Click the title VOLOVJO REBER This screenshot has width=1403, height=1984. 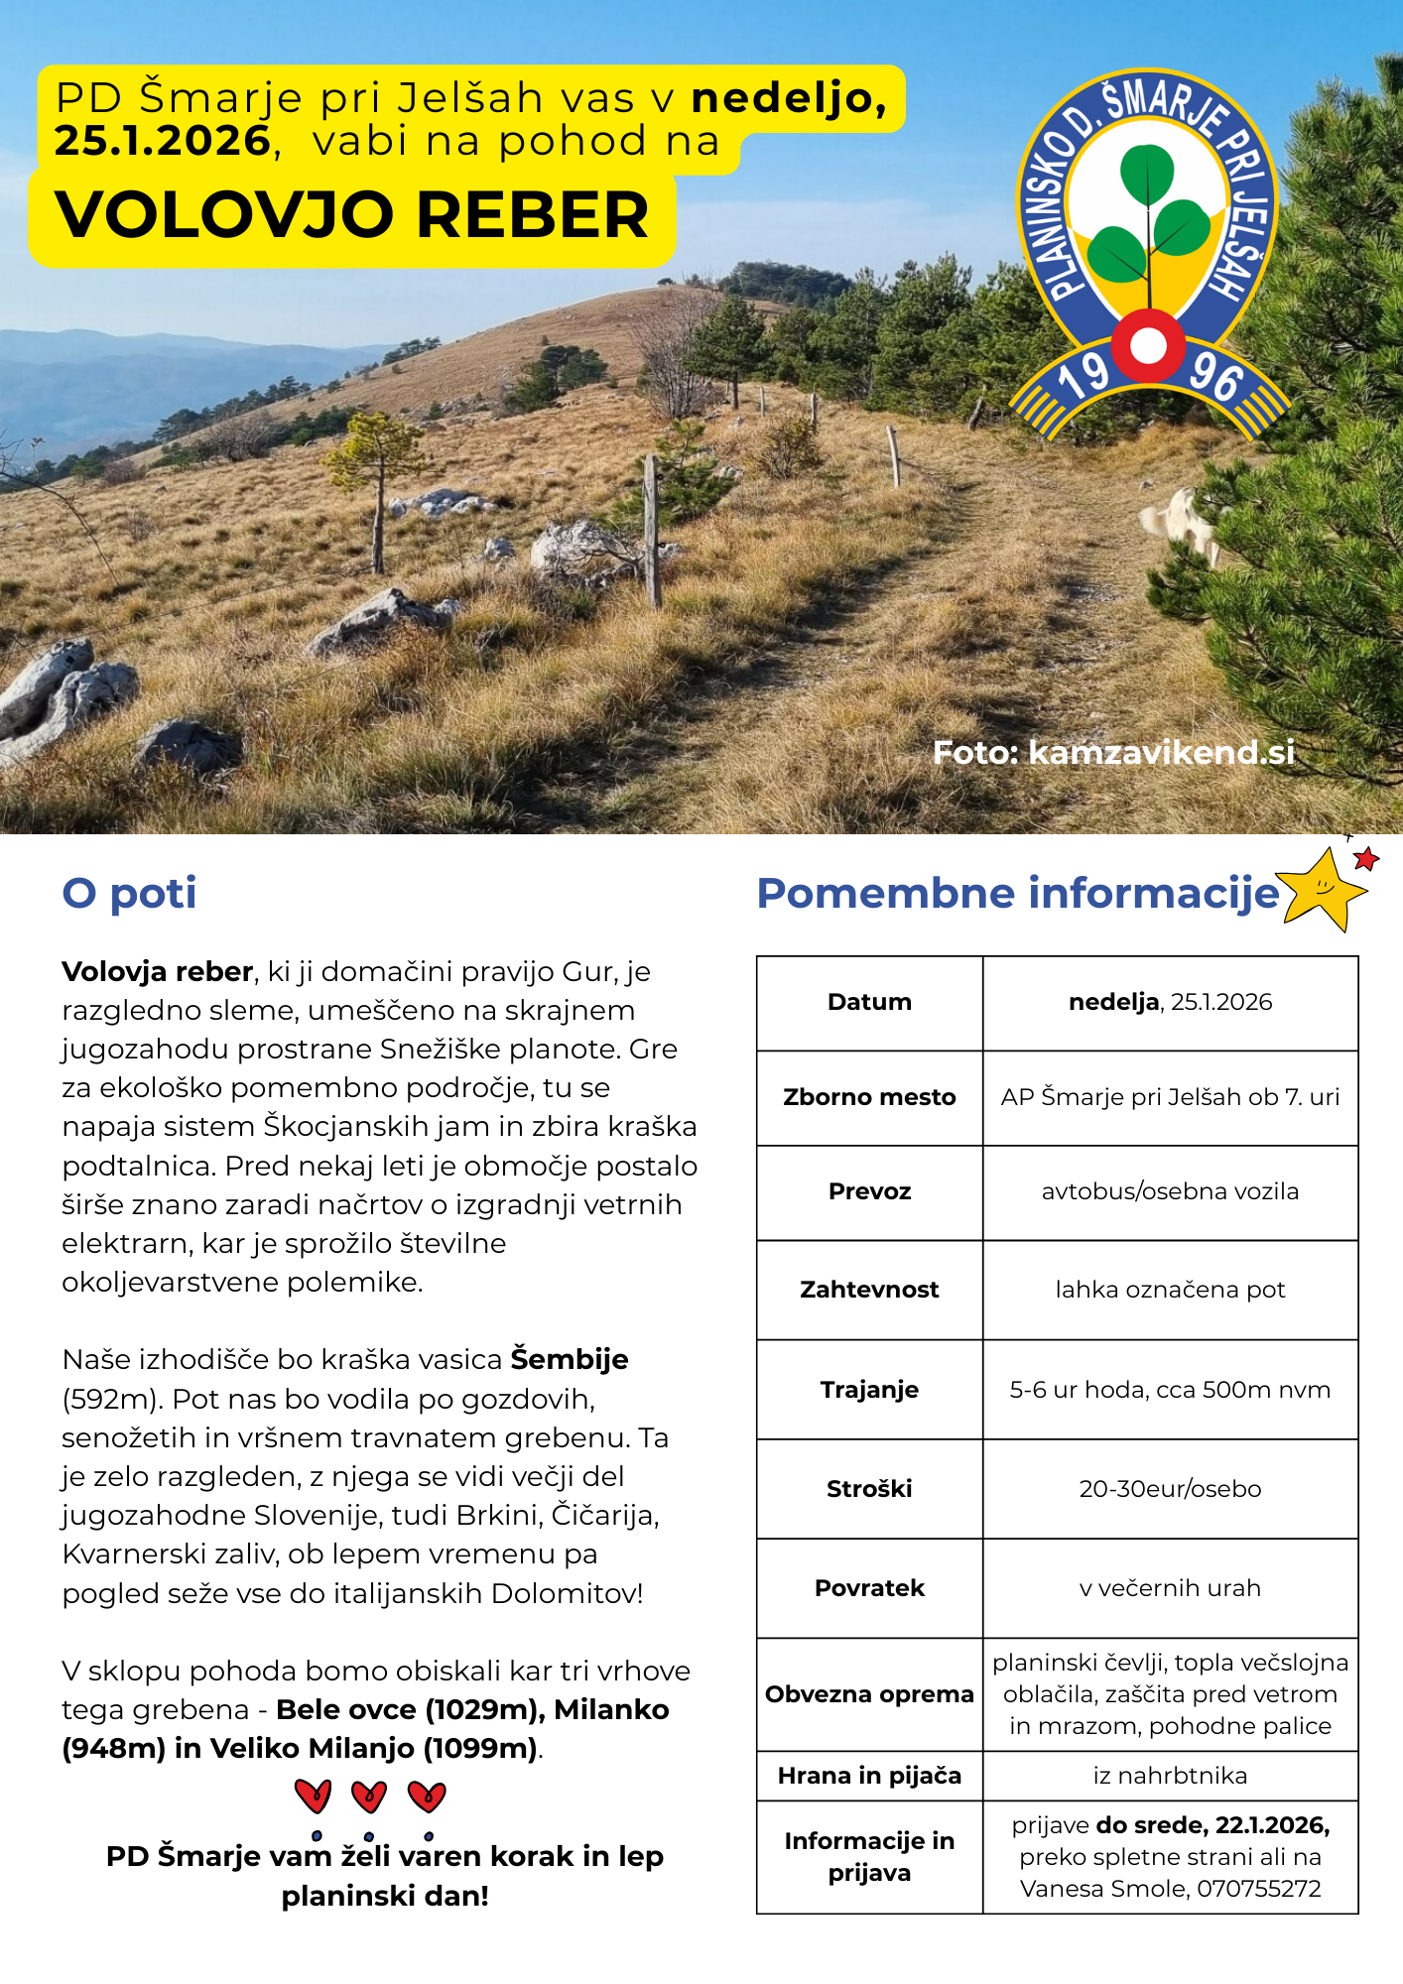pyautogui.click(x=351, y=215)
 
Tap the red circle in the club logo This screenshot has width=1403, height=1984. pyautogui.click(x=1148, y=346)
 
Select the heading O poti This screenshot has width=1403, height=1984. pyautogui.click(x=129, y=893)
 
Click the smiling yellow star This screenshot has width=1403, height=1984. pyautogui.click(x=1320, y=888)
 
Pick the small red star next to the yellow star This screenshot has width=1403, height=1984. pyautogui.click(x=1366, y=859)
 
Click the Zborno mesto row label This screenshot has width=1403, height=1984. pyautogui.click(x=869, y=1097)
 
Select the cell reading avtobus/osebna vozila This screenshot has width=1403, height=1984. pyautogui.click(x=1170, y=1191)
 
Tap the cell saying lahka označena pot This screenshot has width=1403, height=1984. pyautogui.click(x=1170, y=1290)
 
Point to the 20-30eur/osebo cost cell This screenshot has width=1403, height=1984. pyautogui.click(x=1170, y=1489)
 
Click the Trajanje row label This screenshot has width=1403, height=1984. pyautogui.click(x=869, y=1390)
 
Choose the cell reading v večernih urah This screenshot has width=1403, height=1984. pyautogui.click(x=1170, y=1588)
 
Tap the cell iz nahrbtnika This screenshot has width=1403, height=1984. pyautogui.click(x=1170, y=1776)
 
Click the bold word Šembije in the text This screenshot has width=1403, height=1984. pyautogui.click(x=570, y=1359)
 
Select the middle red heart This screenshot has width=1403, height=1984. pyautogui.click(x=369, y=1796)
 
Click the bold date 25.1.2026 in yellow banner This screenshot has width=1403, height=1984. pyautogui.click(x=163, y=141)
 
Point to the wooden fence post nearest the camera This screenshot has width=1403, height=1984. pyautogui.click(x=652, y=531)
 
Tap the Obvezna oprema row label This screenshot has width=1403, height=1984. pyautogui.click(x=869, y=1694)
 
